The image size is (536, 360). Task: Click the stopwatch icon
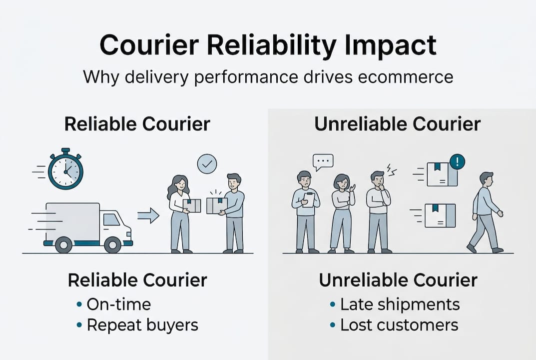coord(65,171)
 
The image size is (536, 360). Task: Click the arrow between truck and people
coord(148,216)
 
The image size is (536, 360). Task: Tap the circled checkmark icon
coord(207,164)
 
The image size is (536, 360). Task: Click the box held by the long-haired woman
coord(192,205)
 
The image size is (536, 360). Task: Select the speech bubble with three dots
coord(323,162)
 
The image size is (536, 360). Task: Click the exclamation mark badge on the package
coord(457,161)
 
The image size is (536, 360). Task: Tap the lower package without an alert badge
coord(440,215)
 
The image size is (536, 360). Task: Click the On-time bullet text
coord(118,304)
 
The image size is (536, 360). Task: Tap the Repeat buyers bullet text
coord(142,325)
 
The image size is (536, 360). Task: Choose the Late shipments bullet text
coord(400,304)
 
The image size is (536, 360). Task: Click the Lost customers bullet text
coord(399,325)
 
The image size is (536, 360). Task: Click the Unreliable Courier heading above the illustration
coord(397,124)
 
